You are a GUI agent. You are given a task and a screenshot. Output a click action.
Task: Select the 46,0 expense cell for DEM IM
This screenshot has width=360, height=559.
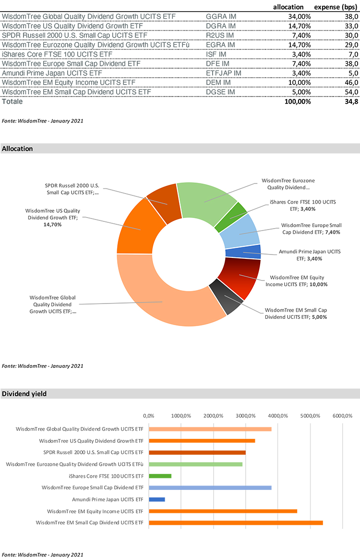(x=350, y=83)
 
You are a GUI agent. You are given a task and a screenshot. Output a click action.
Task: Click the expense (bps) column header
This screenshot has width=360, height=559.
(x=336, y=7)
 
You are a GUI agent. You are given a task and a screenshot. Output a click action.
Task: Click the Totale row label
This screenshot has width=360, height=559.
(x=12, y=101)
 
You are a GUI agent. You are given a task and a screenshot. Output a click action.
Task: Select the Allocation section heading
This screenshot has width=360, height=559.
(x=18, y=149)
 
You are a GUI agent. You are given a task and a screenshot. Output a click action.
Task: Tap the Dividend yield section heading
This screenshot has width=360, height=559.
(x=24, y=394)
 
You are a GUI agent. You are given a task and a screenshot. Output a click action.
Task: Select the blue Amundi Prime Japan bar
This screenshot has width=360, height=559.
(x=157, y=499)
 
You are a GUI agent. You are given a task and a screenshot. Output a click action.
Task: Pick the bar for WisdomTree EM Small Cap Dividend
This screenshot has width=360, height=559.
(x=236, y=523)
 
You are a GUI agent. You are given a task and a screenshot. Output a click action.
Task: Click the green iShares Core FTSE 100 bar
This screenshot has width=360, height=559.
(x=160, y=476)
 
